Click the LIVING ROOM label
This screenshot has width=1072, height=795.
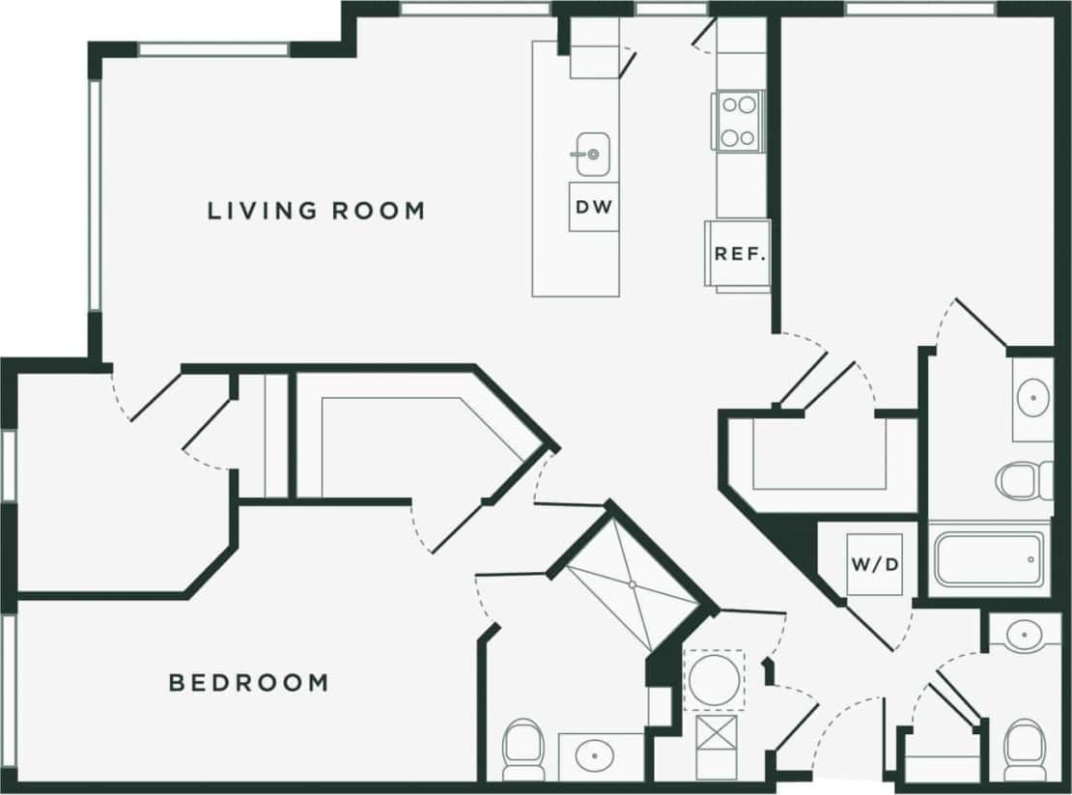click(316, 211)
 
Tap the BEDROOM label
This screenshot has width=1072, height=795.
click(248, 683)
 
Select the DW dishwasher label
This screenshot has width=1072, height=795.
click(594, 207)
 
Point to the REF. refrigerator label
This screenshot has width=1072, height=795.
click(740, 255)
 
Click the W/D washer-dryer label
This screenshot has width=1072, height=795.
click(876, 562)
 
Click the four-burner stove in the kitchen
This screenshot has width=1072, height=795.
click(739, 120)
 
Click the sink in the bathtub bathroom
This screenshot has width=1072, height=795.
click(1032, 396)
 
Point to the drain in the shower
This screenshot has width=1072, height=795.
click(632, 584)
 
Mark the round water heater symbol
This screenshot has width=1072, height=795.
click(714, 679)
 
